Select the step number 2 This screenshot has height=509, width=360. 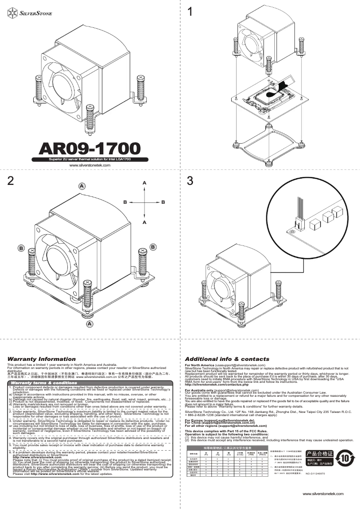point(10,180)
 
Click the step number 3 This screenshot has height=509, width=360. point(190,180)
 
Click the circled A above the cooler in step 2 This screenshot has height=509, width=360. point(82,186)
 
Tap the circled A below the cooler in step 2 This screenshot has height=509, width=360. point(90,324)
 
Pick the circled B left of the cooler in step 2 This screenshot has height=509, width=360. point(21,247)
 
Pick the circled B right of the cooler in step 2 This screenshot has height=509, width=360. point(153,247)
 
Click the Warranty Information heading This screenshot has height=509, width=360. point(38,359)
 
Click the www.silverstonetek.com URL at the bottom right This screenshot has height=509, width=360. point(323,494)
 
